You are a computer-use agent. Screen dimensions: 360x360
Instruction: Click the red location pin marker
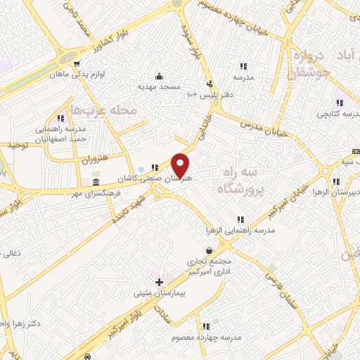(181, 165)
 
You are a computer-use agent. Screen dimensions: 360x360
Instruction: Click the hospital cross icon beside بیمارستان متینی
(160, 282)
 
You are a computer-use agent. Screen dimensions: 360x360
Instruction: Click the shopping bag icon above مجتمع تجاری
(208, 250)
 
